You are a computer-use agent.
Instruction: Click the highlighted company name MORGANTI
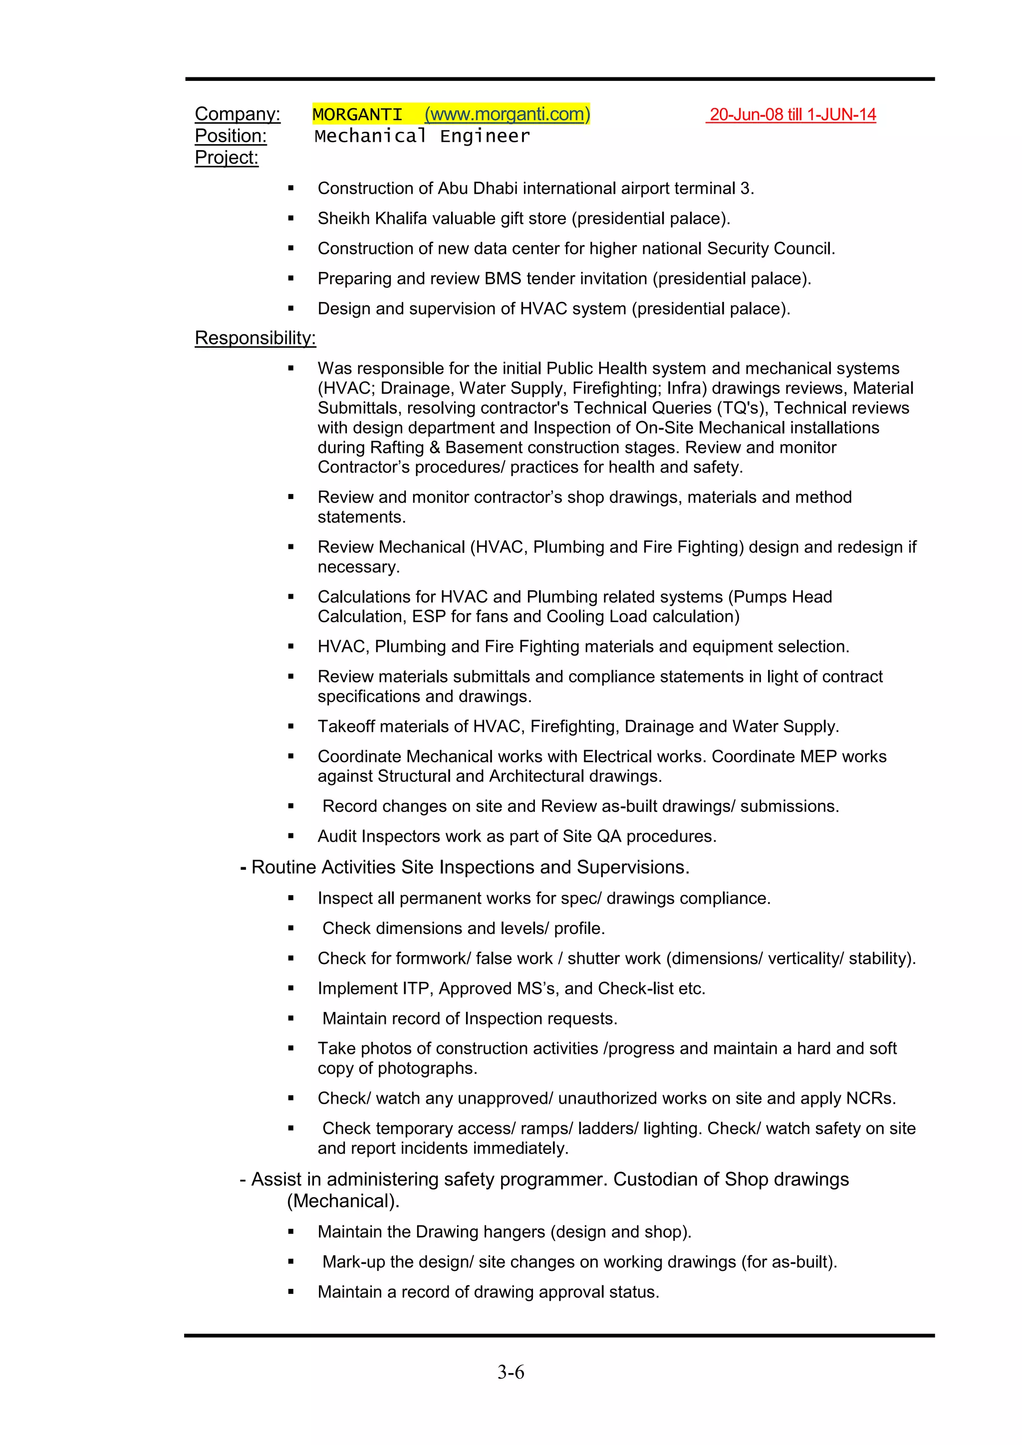(x=357, y=115)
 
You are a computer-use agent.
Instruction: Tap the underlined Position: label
(x=231, y=136)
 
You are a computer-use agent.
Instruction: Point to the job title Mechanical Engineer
(x=422, y=136)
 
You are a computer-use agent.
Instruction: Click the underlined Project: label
(x=227, y=157)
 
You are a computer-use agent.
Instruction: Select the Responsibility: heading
(x=255, y=338)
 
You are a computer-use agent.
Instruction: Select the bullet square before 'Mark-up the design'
(x=291, y=1262)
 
